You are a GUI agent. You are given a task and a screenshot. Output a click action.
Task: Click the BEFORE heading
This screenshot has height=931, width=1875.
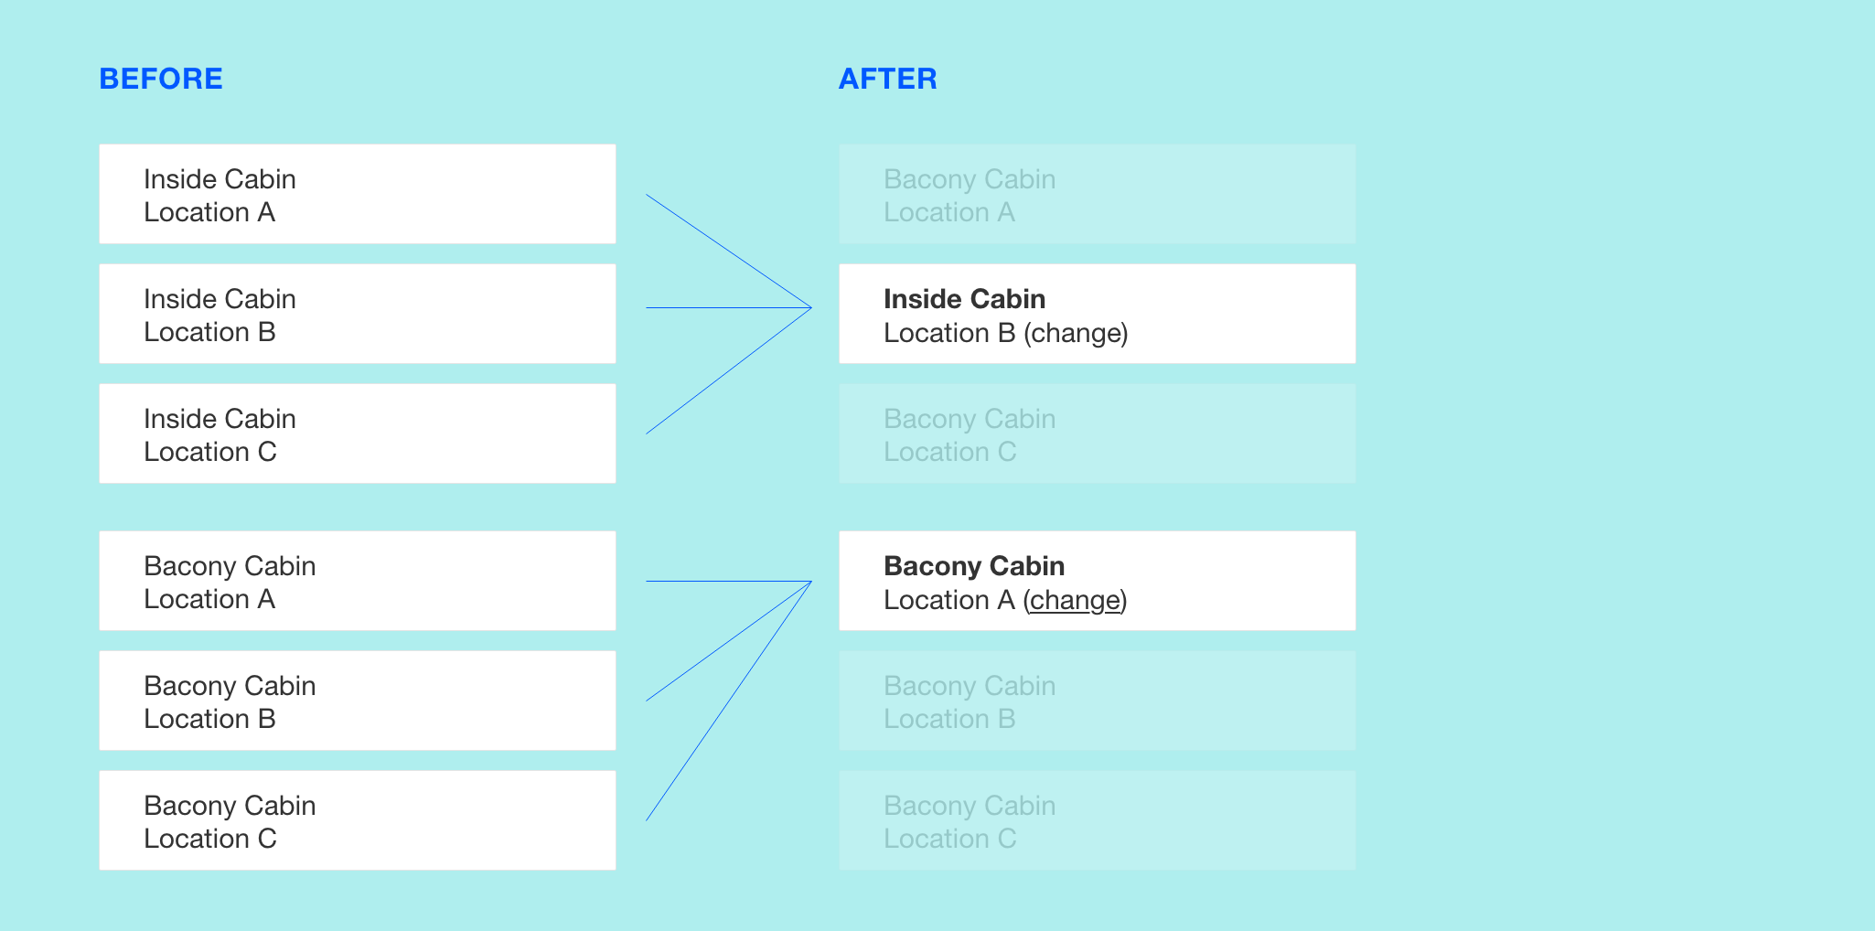pos(161,79)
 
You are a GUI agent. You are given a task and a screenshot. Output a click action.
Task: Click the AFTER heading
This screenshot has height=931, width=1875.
pos(888,79)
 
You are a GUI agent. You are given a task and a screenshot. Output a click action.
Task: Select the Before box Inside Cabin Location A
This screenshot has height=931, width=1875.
pos(358,194)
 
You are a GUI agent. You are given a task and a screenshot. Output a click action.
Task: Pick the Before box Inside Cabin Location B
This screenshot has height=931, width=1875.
pos(358,314)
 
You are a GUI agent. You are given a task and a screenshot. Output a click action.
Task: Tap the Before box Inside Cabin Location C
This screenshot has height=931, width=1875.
pos(358,433)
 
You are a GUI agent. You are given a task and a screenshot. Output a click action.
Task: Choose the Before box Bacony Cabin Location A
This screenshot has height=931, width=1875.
pos(358,581)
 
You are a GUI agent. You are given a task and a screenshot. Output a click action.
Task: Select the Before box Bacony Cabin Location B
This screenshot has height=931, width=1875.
pos(358,701)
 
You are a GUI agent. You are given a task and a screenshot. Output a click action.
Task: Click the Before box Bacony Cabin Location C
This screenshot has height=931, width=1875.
pos(358,820)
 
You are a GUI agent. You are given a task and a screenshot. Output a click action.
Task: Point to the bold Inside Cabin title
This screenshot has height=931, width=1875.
pos(964,299)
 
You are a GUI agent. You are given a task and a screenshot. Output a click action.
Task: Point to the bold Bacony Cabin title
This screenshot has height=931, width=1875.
pos(974,566)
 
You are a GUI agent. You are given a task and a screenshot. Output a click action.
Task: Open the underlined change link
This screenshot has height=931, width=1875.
pos(1075,600)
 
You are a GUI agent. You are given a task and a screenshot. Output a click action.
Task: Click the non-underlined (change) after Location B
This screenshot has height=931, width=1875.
pos(1076,333)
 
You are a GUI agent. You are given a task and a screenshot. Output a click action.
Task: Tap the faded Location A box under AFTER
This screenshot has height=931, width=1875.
pos(1098,194)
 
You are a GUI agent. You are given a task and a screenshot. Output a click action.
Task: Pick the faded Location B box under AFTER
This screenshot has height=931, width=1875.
pos(1098,701)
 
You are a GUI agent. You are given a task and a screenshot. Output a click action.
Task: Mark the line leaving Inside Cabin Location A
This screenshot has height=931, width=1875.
pos(729,251)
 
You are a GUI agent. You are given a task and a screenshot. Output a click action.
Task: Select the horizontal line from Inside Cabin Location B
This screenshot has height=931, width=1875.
pos(729,308)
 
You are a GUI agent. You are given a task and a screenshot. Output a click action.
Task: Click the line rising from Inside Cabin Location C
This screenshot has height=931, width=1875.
pos(729,370)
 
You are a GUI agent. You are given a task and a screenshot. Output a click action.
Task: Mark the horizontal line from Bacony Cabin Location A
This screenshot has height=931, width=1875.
pos(729,582)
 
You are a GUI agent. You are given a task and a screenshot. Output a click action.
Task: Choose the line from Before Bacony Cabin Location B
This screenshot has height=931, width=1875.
pos(729,641)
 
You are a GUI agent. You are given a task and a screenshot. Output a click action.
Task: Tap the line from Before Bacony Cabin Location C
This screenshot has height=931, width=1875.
pos(729,701)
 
